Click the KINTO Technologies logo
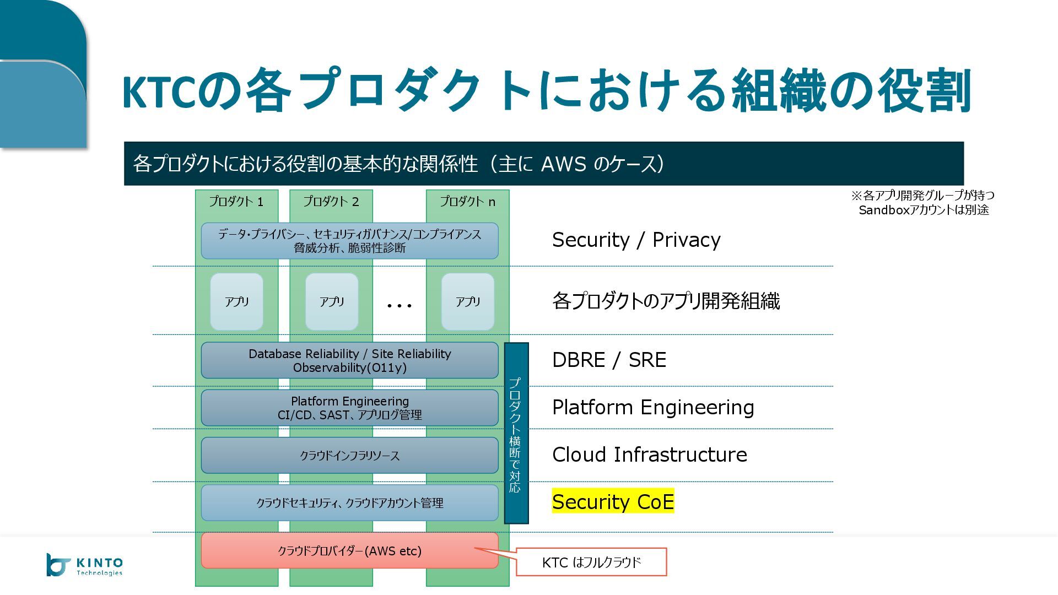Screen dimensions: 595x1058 point(84,565)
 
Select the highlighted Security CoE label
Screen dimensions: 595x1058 point(613,501)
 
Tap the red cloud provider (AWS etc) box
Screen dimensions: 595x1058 point(349,550)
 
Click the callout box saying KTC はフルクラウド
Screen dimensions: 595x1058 point(591,562)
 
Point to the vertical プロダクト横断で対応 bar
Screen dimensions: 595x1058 point(516,433)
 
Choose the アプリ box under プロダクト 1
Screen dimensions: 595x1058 point(236,301)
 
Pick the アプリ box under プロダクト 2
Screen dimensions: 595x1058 point(331,301)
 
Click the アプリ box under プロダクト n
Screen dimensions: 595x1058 point(467,301)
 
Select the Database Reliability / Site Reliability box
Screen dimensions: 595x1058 point(349,360)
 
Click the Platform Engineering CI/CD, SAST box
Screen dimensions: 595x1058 point(349,408)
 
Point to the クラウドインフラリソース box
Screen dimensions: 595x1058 point(349,456)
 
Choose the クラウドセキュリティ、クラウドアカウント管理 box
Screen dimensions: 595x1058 point(349,503)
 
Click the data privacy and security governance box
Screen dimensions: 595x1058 point(349,241)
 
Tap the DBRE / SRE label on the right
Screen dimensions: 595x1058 point(609,360)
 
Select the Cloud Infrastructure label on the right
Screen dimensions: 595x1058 point(649,455)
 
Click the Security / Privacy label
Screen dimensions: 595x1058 point(636,240)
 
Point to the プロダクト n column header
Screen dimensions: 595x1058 point(467,202)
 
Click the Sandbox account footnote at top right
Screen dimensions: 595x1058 point(923,202)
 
